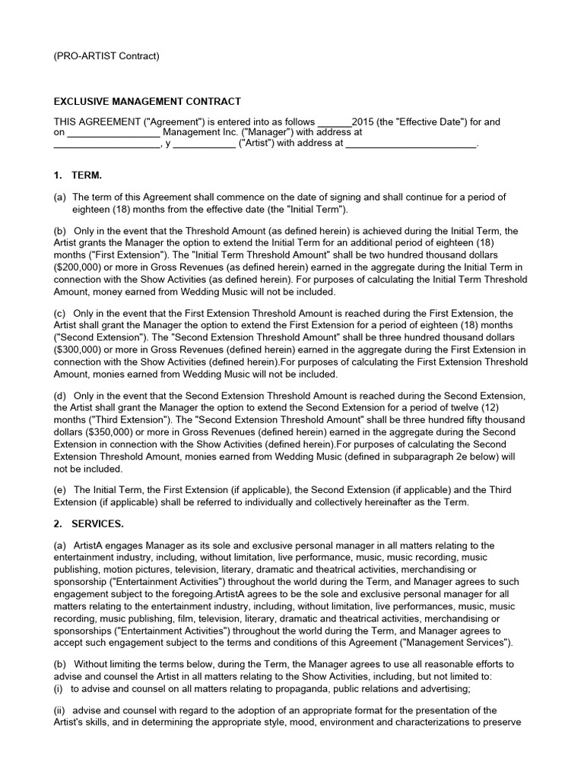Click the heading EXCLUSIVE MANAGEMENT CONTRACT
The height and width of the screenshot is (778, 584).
pyautogui.click(x=147, y=101)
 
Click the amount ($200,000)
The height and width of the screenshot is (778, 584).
pyautogui.click(x=78, y=268)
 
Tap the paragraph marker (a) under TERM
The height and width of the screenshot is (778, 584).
pyautogui.click(x=60, y=198)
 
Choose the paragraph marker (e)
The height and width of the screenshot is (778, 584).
pyautogui.click(x=60, y=491)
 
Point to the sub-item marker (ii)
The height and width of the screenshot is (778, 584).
pyautogui.click(x=59, y=710)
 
